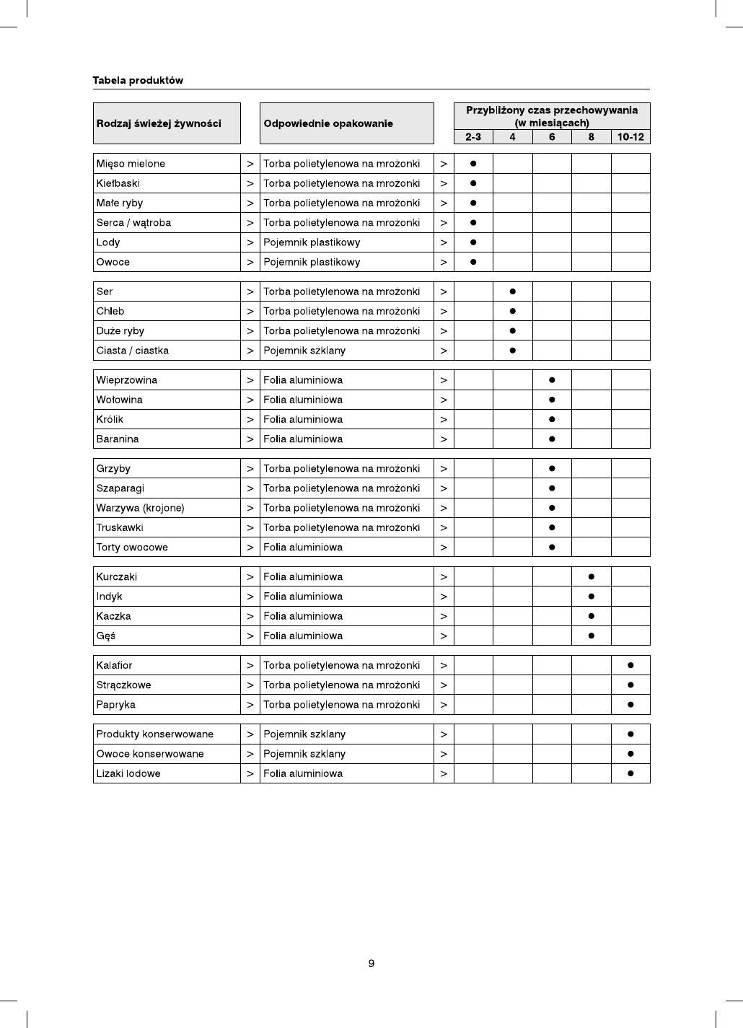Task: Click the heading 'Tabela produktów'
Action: [138, 81]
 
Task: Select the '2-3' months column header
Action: [473, 137]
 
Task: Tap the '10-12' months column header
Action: [630, 137]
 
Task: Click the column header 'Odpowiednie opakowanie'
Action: [328, 123]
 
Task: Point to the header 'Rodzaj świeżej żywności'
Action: [159, 123]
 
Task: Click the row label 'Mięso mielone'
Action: [131, 164]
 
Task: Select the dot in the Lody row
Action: [473, 242]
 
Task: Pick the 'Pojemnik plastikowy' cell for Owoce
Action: [312, 262]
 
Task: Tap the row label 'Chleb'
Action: [110, 311]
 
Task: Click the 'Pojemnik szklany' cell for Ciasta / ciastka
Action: [304, 351]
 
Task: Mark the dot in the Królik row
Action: [552, 419]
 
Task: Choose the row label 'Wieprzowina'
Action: [127, 380]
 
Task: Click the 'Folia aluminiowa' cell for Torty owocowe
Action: [303, 547]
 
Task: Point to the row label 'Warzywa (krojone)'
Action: [140, 508]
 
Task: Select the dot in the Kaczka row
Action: [592, 616]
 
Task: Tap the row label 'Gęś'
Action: [106, 636]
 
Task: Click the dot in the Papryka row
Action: [630, 704]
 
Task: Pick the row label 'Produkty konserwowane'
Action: [155, 734]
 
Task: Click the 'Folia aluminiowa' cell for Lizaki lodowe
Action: [303, 773]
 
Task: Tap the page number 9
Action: [371, 964]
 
